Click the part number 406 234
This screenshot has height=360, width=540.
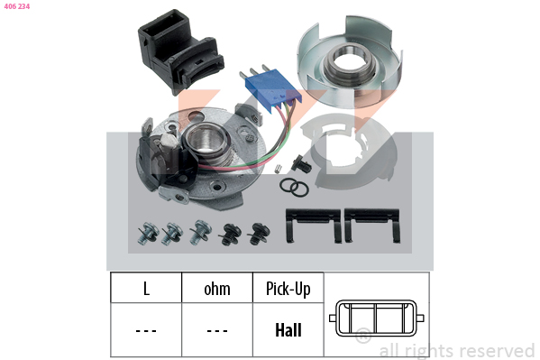17,6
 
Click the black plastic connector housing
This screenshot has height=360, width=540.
179,52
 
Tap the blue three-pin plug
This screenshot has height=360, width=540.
270,87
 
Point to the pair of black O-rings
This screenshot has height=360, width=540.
294,188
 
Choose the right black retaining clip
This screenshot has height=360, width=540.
372,225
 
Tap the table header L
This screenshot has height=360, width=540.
146,289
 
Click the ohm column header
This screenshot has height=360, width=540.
217,289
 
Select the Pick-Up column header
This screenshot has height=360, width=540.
288,289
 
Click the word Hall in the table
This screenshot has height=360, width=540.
288,330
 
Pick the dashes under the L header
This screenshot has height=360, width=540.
146,331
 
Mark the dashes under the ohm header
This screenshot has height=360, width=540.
217,331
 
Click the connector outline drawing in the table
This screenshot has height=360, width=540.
377,318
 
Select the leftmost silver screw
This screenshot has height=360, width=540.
148,233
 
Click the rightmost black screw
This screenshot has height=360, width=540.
259,235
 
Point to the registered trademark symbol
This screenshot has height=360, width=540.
363,335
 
